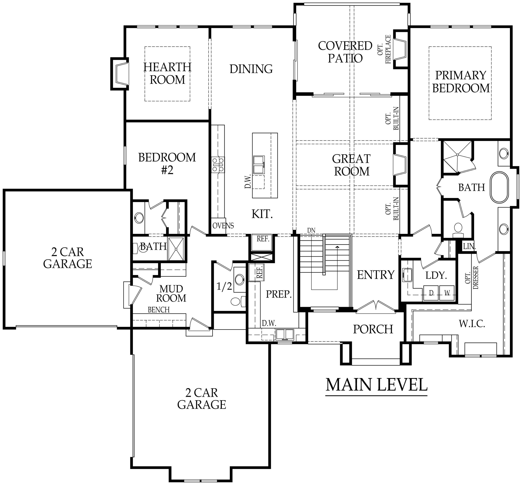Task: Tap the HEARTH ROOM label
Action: pyautogui.click(x=167, y=73)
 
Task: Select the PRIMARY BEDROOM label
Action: pyautogui.click(x=461, y=82)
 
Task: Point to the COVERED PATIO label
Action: pyautogui.click(x=345, y=52)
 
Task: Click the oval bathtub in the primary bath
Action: pyautogui.click(x=499, y=187)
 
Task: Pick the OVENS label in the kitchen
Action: pyautogui.click(x=223, y=225)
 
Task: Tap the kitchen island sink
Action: pyautogui.click(x=259, y=165)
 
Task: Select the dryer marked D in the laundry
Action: pyautogui.click(x=431, y=293)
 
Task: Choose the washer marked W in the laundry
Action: pyautogui.click(x=447, y=293)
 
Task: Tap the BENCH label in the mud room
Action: pyautogui.click(x=158, y=310)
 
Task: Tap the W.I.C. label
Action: pyautogui.click(x=472, y=324)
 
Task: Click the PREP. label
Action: pyautogui.click(x=279, y=294)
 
